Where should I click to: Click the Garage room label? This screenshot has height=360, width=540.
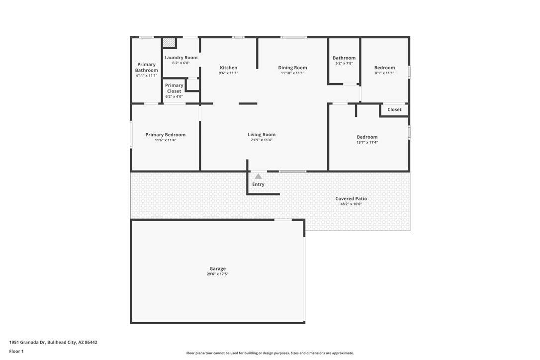click(x=218, y=269)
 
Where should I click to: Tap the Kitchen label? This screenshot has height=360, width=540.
click(x=229, y=68)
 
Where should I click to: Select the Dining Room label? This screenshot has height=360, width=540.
click(x=293, y=68)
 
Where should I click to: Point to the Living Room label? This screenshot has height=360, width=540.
click(x=262, y=135)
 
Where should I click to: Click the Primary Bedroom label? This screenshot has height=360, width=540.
click(x=165, y=135)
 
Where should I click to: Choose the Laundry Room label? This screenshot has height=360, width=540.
click(x=181, y=58)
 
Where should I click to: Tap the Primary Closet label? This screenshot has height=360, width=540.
click(x=174, y=88)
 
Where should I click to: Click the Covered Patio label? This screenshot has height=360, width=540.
click(x=351, y=198)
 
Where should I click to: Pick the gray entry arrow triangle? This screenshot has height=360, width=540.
click(x=258, y=177)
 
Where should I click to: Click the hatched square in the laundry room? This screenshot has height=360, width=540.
click(x=169, y=42)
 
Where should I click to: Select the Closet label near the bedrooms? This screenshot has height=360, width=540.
click(x=394, y=109)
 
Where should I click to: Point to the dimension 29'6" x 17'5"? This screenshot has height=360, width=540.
click(x=218, y=274)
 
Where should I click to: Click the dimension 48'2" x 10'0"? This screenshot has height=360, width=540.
click(x=351, y=204)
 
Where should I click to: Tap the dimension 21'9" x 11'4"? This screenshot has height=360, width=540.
click(x=262, y=140)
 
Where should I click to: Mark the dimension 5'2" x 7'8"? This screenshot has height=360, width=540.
click(x=344, y=63)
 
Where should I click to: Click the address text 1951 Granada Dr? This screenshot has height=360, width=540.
click(x=27, y=343)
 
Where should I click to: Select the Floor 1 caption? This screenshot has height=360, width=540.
click(x=16, y=352)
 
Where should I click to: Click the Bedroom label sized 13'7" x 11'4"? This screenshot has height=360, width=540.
click(x=367, y=137)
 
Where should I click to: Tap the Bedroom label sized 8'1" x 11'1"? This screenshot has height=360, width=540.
click(x=385, y=68)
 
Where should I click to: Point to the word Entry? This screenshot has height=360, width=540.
click(x=258, y=184)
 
